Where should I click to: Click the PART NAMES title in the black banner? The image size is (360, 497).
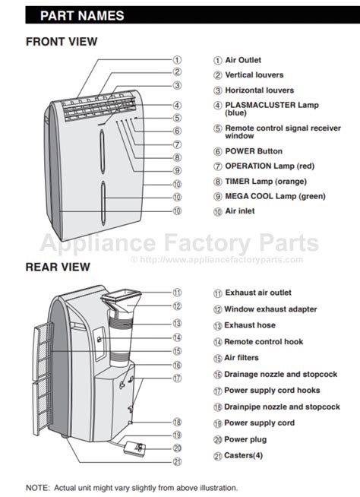[82, 15]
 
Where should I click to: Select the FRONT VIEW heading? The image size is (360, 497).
[62, 42]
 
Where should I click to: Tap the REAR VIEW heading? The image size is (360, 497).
[58, 267]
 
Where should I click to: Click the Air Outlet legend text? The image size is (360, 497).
[243, 60]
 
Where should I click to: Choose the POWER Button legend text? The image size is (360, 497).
[254, 151]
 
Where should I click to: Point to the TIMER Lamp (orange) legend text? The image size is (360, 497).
[266, 182]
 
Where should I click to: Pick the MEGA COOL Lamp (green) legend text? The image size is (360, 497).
[275, 196]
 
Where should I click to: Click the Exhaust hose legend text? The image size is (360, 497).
[250, 325]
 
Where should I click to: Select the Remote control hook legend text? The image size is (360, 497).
[264, 342]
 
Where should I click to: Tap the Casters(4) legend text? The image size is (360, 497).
[243, 455]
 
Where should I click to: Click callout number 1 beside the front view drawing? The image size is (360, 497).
[177, 59]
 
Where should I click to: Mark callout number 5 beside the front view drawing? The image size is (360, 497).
[177, 118]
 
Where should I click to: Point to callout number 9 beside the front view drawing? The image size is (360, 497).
[177, 170]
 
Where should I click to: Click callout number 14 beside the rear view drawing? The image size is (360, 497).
[177, 337]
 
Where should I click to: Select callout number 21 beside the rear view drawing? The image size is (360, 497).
[177, 462]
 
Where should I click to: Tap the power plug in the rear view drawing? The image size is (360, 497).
[134, 448]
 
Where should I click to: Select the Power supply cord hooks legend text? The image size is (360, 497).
[272, 391]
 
